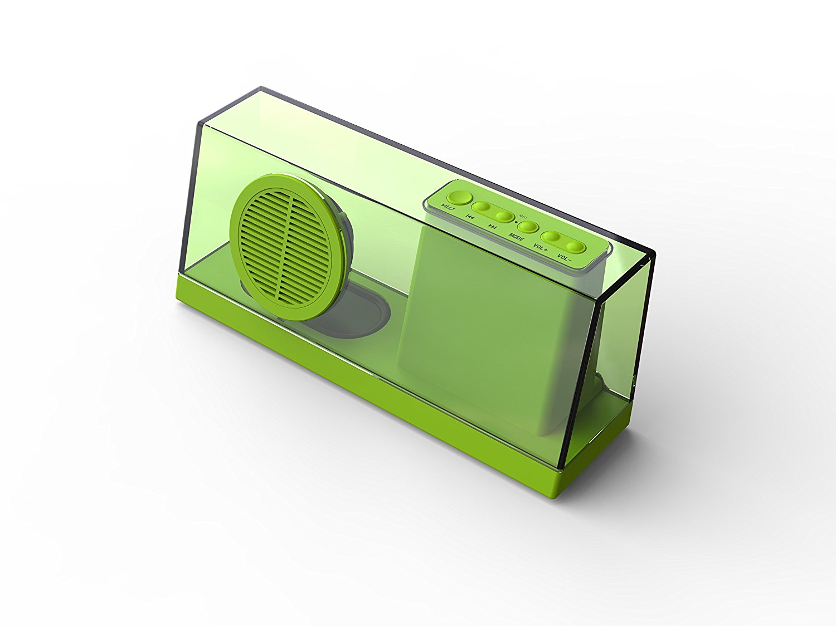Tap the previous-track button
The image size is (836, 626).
coord(481,207)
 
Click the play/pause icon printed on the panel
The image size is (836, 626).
coord(446,206)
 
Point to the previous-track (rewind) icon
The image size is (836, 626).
coord(470,217)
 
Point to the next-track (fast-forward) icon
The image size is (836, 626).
coord(493,227)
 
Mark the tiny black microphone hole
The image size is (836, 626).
coord(517,222)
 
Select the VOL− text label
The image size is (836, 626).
coord(564,258)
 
